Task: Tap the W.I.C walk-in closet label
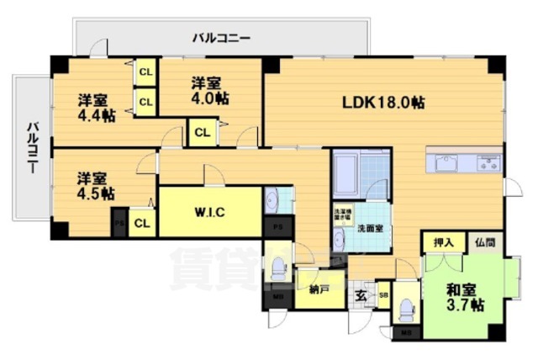pyautogui.click(x=208, y=211)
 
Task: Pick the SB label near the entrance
pyautogui.click(x=383, y=295)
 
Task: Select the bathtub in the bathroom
pyautogui.click(x=347, y=173)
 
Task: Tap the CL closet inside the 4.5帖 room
pyautogui.click(x=142, y=223)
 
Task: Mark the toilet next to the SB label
pyautogui.click(x=407, y=311)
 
